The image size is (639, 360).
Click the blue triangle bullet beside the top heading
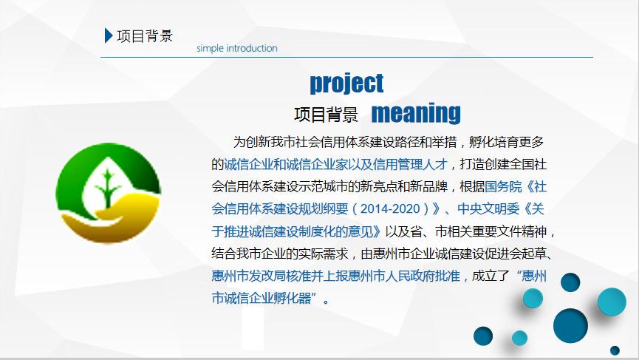click(108, 35)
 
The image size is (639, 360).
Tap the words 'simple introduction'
click(237, 48)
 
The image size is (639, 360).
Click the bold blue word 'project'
click(346, 84)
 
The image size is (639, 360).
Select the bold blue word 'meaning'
click(416, 113)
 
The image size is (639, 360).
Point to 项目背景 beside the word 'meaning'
click(326, 115)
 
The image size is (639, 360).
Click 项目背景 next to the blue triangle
click(145, 36)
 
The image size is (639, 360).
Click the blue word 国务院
click(503, 187)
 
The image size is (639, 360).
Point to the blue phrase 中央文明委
click(488, 208)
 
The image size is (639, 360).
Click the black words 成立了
click(491, 276)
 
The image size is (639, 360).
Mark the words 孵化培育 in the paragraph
click(494, 142)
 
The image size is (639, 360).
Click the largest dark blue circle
click(570, 325)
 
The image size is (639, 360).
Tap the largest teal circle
click(612, 302)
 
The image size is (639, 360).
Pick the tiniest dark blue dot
click(615, 350)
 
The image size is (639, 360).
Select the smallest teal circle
click(519, 338)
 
